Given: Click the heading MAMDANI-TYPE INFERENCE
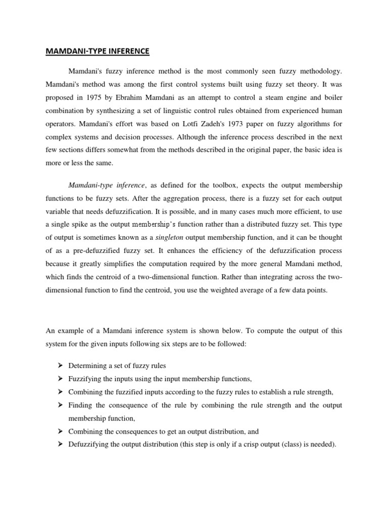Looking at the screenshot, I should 98,51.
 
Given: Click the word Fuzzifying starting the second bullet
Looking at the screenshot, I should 85,379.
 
